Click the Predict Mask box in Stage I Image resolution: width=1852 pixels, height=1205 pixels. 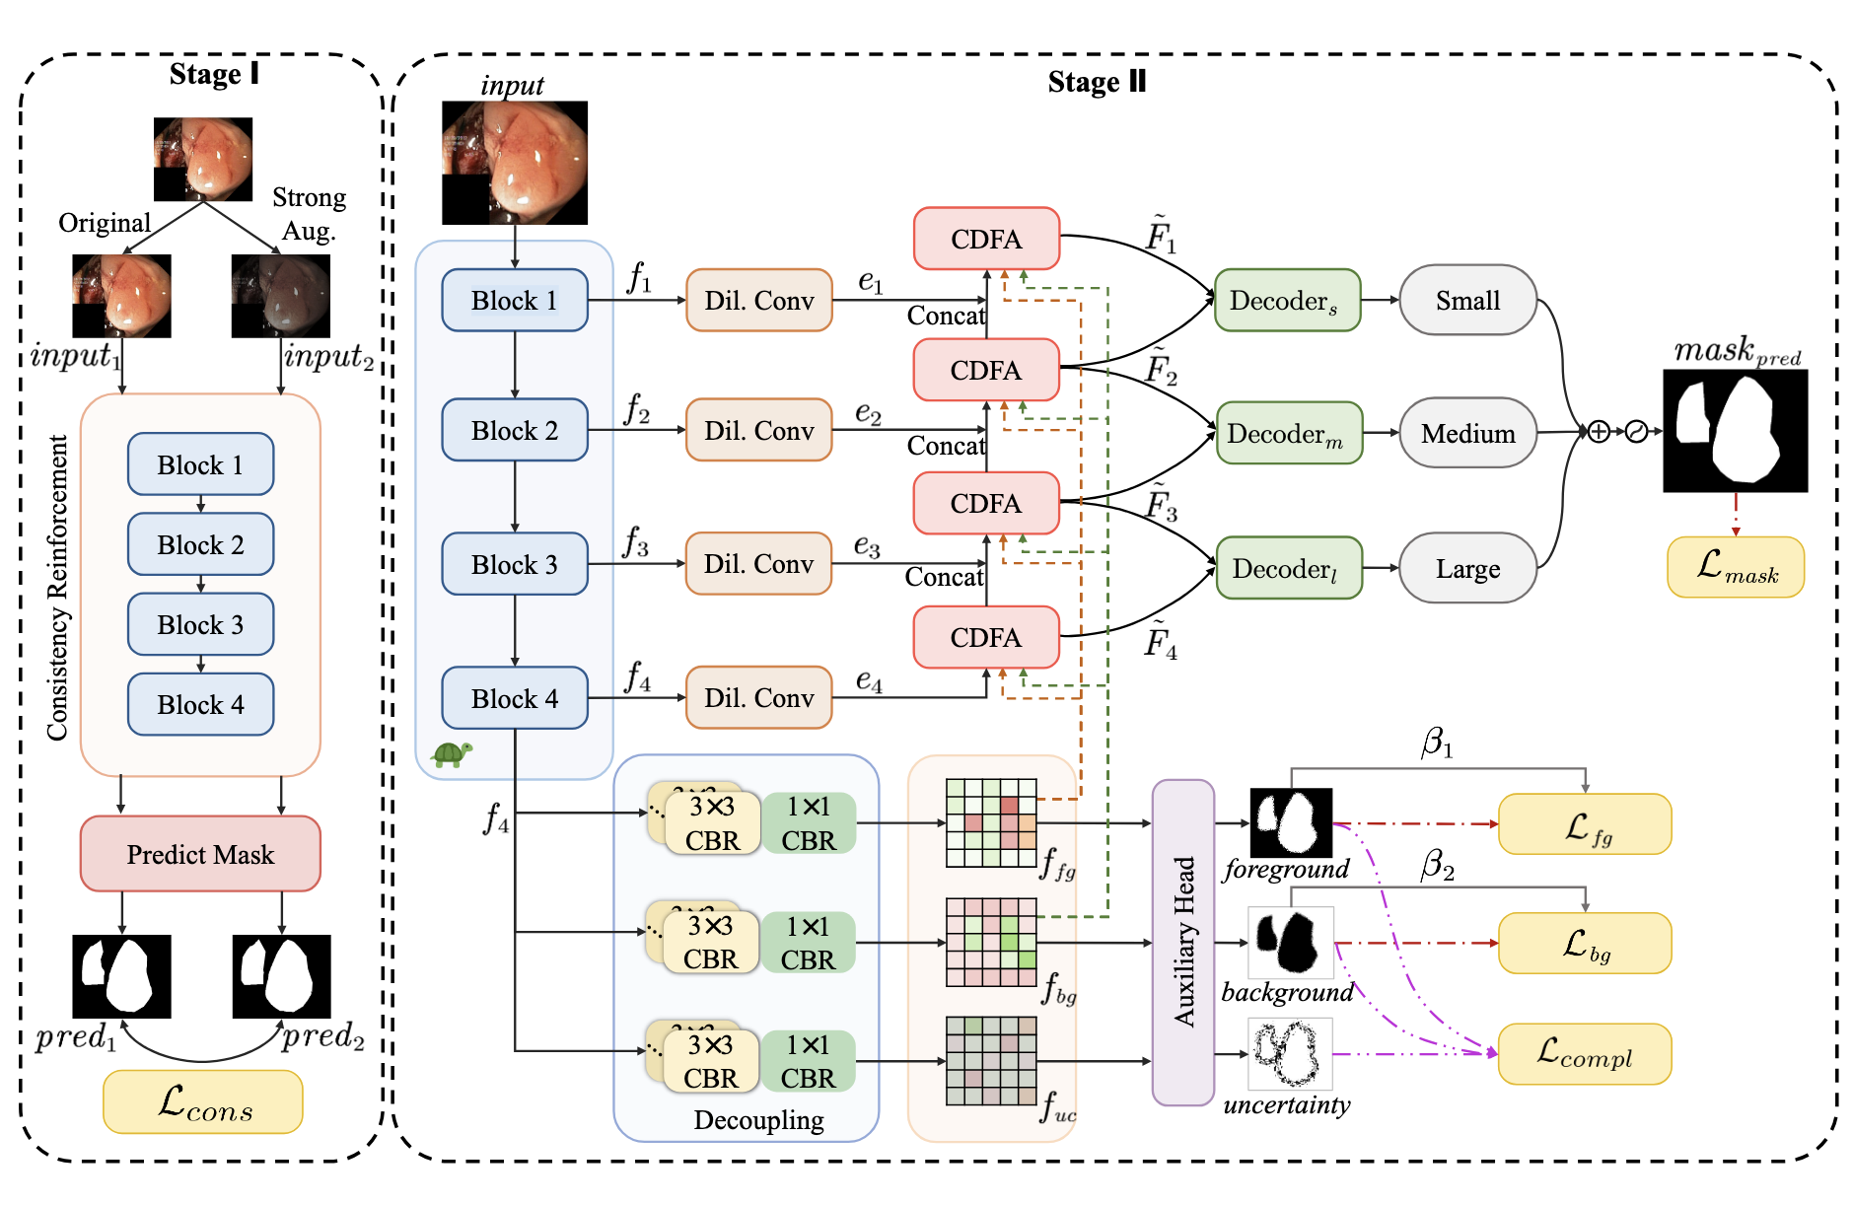[200, 854]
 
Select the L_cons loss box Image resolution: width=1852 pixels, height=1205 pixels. [203, 1101]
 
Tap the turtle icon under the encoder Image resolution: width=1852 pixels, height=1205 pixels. [452, 754]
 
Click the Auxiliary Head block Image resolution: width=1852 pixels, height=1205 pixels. [1183, 942]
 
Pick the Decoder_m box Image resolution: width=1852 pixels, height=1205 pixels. [1289, 433]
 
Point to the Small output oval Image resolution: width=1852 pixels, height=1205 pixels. [1467, 300]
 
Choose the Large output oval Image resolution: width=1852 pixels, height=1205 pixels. [1467, 568]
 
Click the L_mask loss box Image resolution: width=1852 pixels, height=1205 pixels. [1736, 567]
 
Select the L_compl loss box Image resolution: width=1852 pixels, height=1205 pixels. [1584, 1054]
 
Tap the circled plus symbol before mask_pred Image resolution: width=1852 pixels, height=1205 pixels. [1599, 431]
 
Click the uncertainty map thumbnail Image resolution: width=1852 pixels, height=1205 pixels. [1291, 1053]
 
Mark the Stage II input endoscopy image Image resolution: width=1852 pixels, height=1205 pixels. [515, 163]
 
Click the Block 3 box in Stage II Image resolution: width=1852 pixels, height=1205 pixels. [515, 564]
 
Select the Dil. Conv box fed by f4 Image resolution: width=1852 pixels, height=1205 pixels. [758, 697]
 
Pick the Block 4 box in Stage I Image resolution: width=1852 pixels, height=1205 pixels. [200, 704]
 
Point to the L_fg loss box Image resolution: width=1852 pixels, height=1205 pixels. [1584, 824]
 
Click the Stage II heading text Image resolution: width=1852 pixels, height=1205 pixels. [1097, 82]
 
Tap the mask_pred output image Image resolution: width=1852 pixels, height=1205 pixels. [1735, 431]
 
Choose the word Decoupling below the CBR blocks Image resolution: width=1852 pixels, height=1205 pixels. [758, 1120]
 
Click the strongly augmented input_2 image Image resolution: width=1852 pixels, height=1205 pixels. [281, 296]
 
